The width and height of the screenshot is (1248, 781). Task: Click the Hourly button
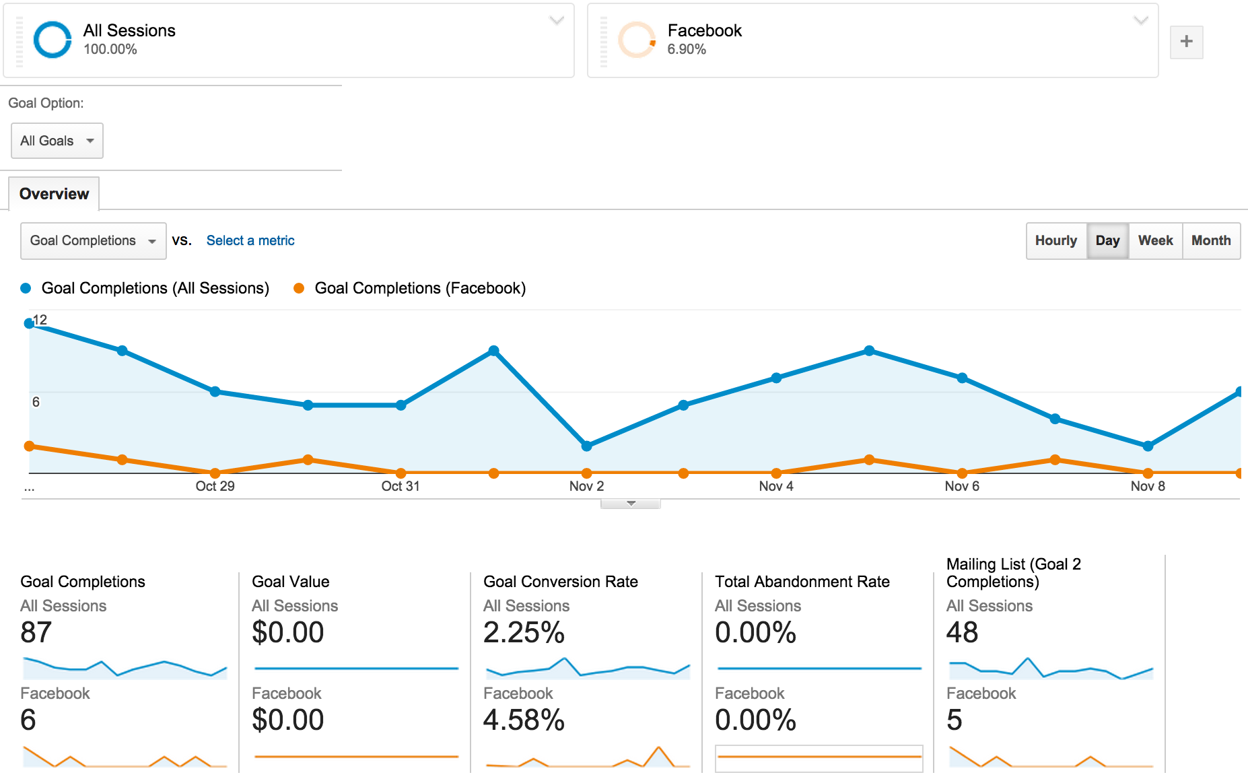point(1055,240)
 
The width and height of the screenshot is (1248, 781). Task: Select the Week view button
point(1155,240)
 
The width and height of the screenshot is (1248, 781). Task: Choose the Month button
point(1210,240)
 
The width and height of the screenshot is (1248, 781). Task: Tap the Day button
point(1107,240)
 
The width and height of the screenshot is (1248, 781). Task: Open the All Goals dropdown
point(57,141)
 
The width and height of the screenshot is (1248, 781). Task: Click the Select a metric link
point(250,240)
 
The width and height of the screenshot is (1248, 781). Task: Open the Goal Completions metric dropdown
point(93,240)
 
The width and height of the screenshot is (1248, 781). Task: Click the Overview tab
point(54,194)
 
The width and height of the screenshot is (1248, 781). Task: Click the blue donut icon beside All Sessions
point(53,40)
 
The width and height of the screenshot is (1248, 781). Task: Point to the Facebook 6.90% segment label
point(703,39)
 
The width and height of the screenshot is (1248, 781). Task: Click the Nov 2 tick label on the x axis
point(586,486)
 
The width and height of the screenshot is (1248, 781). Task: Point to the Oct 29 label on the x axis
point(215,486)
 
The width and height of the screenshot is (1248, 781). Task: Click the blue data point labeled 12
point(29,323)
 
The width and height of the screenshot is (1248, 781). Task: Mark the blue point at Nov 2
point(586,446)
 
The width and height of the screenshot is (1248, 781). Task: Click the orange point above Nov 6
point(962,473)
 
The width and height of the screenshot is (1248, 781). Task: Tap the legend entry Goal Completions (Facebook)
point(419,288)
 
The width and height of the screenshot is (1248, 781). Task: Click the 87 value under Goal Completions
point(36,632)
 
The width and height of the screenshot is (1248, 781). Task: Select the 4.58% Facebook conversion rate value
point(524,720)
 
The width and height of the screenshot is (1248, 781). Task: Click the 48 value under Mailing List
point(962,632)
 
